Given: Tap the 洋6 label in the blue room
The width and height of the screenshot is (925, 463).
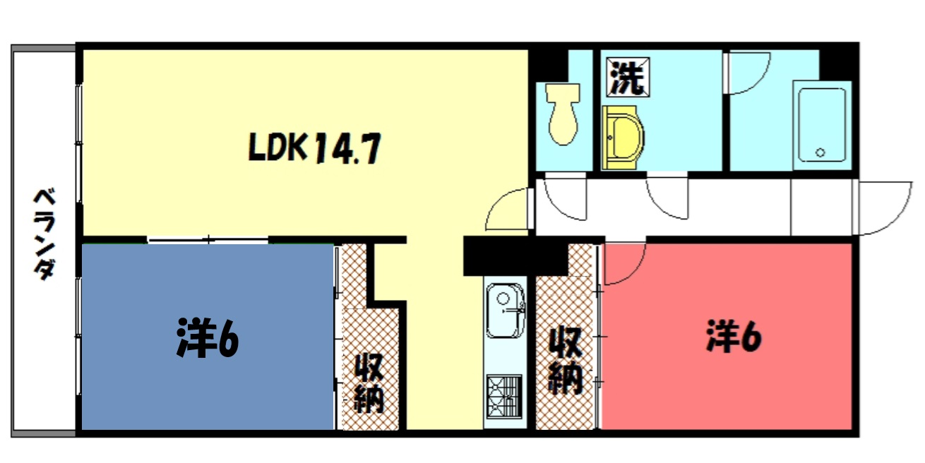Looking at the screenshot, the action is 208,337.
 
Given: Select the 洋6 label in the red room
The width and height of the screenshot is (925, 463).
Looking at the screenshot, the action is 734,337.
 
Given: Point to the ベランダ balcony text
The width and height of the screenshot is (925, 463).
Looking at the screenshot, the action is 44,234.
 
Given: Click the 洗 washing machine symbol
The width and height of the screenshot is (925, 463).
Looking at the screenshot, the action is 628,77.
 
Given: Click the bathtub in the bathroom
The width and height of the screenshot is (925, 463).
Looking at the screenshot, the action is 822,125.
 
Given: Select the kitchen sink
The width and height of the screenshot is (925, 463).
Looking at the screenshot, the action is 506,311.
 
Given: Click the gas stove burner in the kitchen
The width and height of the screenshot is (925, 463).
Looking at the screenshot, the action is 504,397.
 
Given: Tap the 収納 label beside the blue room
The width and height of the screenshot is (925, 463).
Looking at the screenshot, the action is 369,383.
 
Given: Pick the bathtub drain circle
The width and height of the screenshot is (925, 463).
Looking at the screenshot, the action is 820,152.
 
